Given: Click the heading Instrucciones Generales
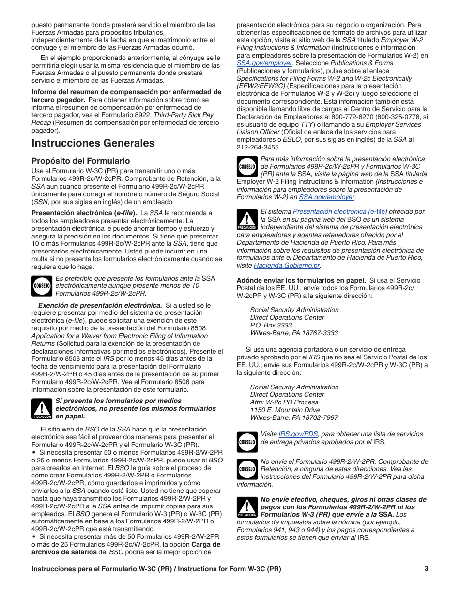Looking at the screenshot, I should pos(93,143).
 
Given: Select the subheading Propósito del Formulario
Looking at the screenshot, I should pos(81,161).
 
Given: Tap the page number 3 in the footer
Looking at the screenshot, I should pos(426,569).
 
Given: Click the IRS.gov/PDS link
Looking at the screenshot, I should pos(298,434).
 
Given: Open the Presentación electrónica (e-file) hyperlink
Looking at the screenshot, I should pos(340,211).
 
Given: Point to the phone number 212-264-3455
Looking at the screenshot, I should pos(258,148).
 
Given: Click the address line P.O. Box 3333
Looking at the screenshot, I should pos(271,326).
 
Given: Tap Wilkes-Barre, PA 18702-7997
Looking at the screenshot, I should pos(294,418).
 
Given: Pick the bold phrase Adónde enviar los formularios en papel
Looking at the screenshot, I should pos(301,280).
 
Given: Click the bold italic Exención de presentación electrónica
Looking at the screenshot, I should pos(100,305).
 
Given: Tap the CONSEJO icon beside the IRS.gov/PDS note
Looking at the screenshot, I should pos(247,441).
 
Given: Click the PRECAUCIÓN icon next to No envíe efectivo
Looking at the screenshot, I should pos(247,506).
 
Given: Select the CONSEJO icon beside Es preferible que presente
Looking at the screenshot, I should pos(42,285).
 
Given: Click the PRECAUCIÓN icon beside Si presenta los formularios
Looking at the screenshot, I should pos(42,408).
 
